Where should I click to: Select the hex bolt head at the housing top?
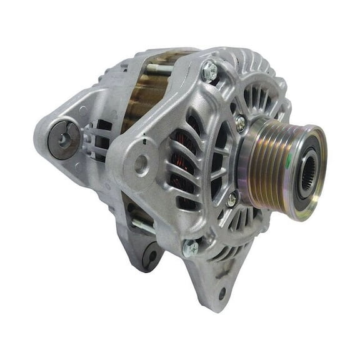[209, 72]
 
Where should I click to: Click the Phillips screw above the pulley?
[240, 123]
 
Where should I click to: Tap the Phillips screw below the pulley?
[231, 199]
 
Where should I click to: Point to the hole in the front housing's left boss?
[143, 164]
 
